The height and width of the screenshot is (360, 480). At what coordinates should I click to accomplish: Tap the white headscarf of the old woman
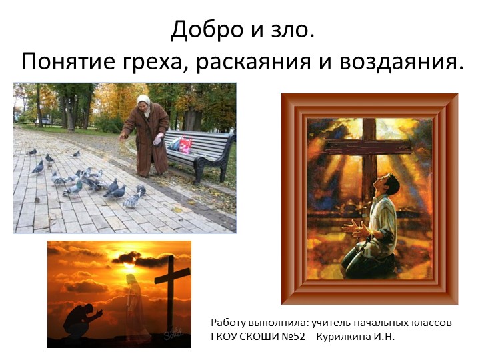(143, 101)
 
